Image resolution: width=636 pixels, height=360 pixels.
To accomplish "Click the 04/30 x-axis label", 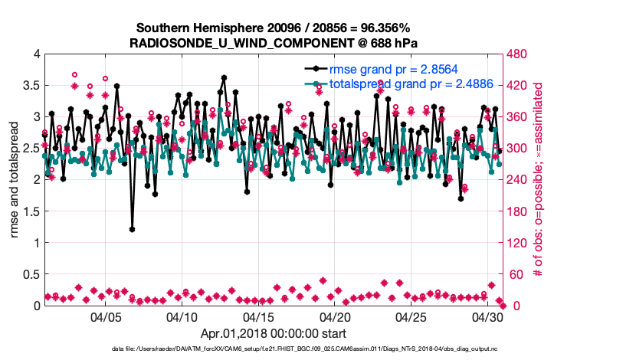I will (x=489, y=317).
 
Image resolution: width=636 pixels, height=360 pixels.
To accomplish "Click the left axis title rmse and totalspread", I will (x=15, y=180).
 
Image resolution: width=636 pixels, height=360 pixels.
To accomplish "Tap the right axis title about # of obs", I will (x=539, y=180).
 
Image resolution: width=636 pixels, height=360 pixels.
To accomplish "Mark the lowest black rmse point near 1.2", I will (x=132, y=229).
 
